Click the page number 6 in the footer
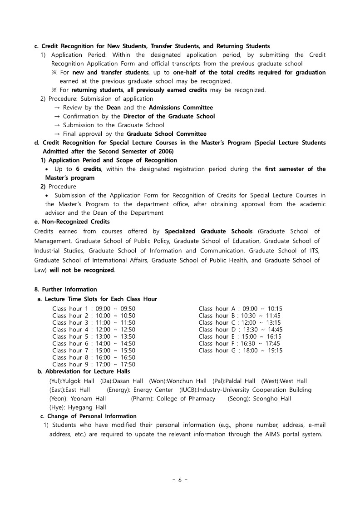[x=180, y=480]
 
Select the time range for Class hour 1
[x=115, y=309]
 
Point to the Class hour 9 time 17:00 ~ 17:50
[x=115, y=364]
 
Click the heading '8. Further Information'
[x=65, y=289]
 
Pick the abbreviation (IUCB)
[x=188, y=390]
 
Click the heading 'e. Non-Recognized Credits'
[x=72, y=222]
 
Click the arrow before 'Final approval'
[x=57, y=134]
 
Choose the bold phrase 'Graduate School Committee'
[x=166, y=134]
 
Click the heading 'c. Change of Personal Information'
[x=88, y=416]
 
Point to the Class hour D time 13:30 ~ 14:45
[x=263, y=330]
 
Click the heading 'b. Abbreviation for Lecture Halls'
[x=84, y=371]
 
